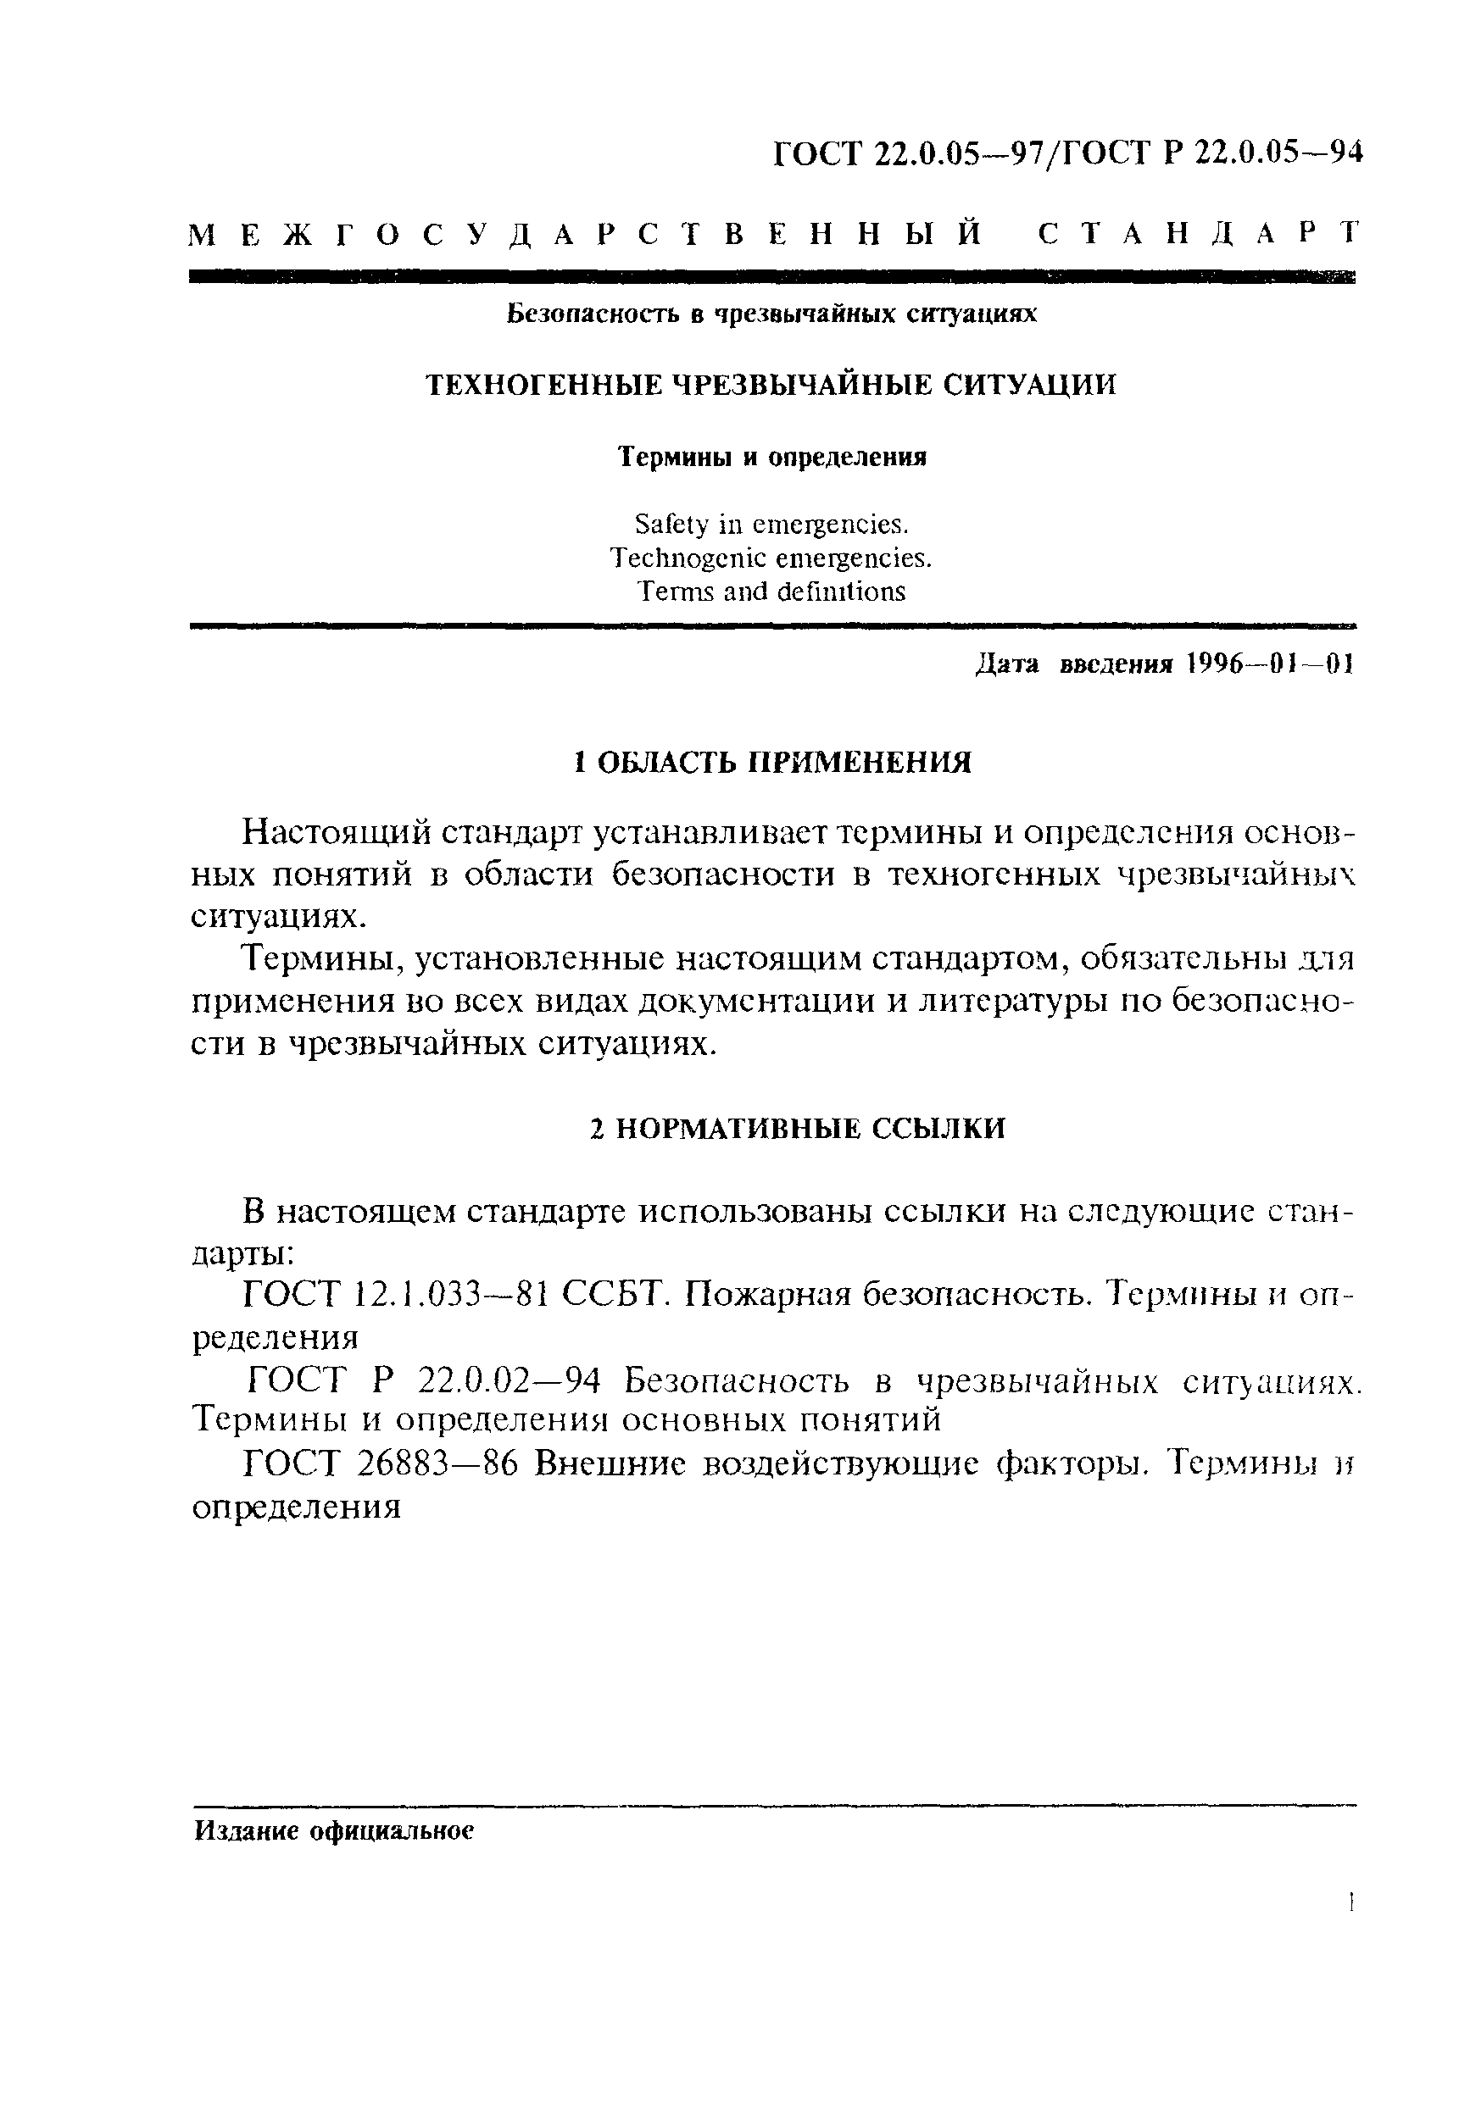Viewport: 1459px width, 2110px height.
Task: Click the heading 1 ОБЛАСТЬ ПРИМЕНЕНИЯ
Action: pyautogui.click(x=771, y=762)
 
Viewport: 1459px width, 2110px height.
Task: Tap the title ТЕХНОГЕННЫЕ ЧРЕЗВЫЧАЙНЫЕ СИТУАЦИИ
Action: pyautogui.click(x=771, y=386)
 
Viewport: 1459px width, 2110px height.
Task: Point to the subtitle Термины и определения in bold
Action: pyautogui.click(x=771, y=457)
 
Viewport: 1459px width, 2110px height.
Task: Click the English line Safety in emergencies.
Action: pyautogui.click(x=771, y=525)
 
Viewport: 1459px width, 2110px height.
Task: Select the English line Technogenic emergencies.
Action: pyautogui.click(x=771, y=558)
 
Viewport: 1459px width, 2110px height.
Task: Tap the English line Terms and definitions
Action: pyautogui.click(x=771, y=591)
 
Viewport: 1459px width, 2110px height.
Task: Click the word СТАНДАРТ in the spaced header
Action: pyautogui.click(x=1199, y=234)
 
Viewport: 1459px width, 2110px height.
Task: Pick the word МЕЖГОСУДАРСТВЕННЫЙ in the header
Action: pyautogui.click(x=585, y=234)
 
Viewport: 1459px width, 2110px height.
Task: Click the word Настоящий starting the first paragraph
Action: pyautogui.click(x=335, y=833)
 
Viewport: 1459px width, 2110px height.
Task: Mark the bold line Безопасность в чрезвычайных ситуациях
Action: pyautogui.click(x=771, y=314)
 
